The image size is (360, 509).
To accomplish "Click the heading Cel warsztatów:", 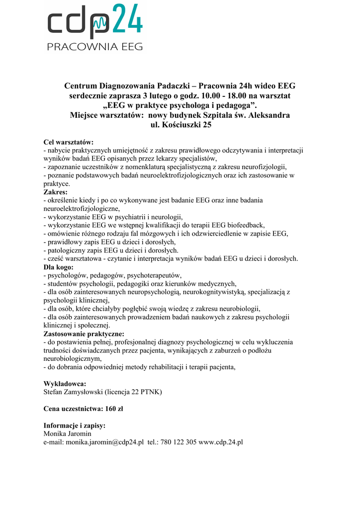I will click(69, 142).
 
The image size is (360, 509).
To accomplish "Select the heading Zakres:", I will click(56, 192).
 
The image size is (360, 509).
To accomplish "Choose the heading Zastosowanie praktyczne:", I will click(84, 334).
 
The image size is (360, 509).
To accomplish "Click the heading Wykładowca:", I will click(65, 384).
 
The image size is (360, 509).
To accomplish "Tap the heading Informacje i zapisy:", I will click(75, 425).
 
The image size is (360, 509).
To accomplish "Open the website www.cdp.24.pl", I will click(220, 442).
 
